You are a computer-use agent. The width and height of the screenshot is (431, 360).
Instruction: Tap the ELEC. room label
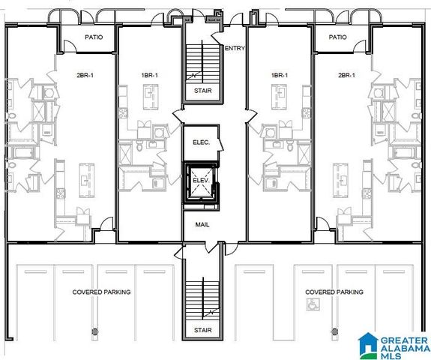tap(201, 142)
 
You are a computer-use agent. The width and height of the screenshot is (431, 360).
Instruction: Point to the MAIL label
tap(201, 224)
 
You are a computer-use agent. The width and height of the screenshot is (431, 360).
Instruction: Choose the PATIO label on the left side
tap(93, 37)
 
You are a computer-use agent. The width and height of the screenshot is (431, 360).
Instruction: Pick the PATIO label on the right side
tap(337, 37)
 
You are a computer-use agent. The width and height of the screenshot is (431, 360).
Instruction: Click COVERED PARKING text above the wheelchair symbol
tap(334, 292)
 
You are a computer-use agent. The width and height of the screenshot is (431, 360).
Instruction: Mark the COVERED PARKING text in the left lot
tap(101, 292)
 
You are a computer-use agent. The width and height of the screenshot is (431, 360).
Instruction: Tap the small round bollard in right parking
tap(335, 330)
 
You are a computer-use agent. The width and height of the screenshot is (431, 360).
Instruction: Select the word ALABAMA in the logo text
tap(403, 346)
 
